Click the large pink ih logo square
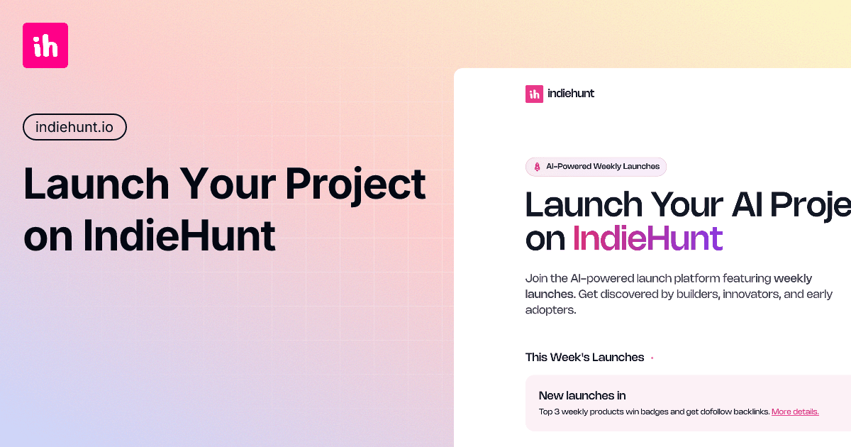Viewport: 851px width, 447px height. pos(45,45)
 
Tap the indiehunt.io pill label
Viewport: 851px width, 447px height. pos(74,127)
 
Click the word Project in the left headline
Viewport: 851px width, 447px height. pos(355,184)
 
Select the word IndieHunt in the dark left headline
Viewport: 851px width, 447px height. pos(179,237)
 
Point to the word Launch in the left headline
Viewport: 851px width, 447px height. pos(96,184)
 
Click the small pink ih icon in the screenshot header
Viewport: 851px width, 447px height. pos(534,94)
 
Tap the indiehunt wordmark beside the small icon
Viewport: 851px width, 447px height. pos(571,93)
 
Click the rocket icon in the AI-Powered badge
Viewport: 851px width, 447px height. pos(537,167)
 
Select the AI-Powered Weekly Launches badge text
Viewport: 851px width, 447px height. pos(603,167)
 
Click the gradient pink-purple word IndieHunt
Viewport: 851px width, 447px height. pos(647,238)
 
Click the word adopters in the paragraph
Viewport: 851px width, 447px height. pos(550,310)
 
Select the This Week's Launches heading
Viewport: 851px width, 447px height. pos(584,358)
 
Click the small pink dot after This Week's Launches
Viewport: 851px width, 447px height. pos(652,358)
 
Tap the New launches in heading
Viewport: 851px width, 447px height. pos(582,396)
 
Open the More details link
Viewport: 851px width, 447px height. pos(795,412)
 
